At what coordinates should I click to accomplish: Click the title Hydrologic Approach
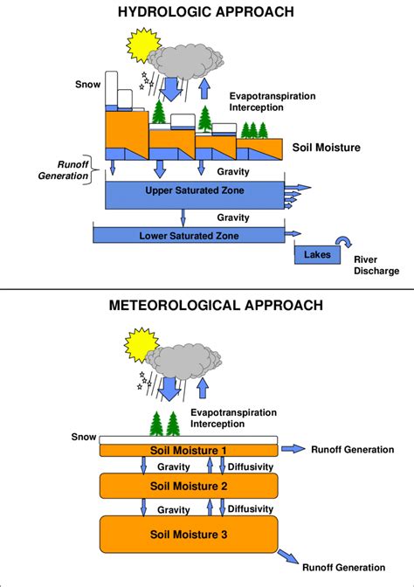click(206, 11)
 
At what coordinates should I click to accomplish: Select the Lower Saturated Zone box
click(189, 235)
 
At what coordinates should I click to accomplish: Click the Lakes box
click(314, 255)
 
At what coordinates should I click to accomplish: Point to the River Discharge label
click(376, 265)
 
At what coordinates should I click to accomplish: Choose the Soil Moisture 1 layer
click(188, 449)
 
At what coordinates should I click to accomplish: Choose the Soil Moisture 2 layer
click(188, 485)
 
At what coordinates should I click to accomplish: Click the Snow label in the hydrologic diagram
click(88, 85)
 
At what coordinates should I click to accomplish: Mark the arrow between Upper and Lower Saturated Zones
click(183, 217)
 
